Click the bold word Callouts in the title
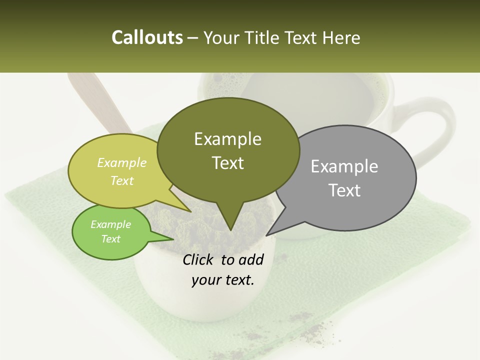[147, 37]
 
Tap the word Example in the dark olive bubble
[227, 139]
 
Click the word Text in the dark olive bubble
[227, 163]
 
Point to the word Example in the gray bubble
[344, 166]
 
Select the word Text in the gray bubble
[344, 190]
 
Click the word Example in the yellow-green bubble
[121, 162]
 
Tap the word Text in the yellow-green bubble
[121, 180]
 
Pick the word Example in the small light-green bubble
[110, 224]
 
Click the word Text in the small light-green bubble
[110, 238]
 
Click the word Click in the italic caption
[199, 259]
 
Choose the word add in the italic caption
[251, 259]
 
